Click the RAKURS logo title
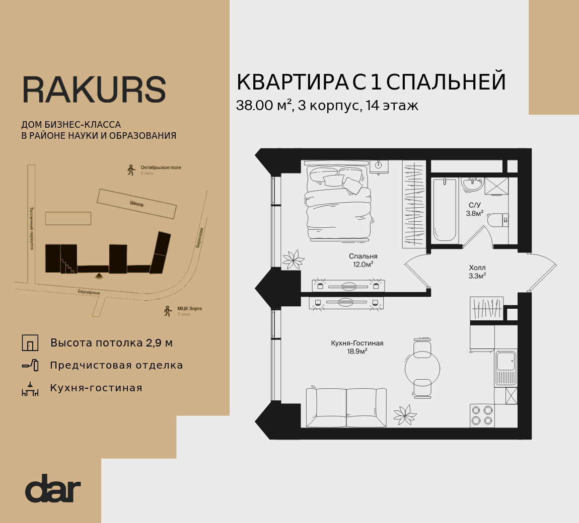[94, 90]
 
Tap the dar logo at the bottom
[53, 488]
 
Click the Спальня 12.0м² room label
[363, 260]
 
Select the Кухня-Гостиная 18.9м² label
[357, 347]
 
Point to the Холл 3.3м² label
[477, 272]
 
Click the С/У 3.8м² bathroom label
[475, 209]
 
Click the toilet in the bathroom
[499, 220]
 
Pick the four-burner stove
[482, 415]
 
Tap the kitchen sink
[505, 362]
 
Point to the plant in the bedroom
[293, 259]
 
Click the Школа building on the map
[136, 204]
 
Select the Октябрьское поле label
[161, 167]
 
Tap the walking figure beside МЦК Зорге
[168, 311]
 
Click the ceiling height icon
[30, 343]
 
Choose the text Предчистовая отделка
[116, 366]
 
